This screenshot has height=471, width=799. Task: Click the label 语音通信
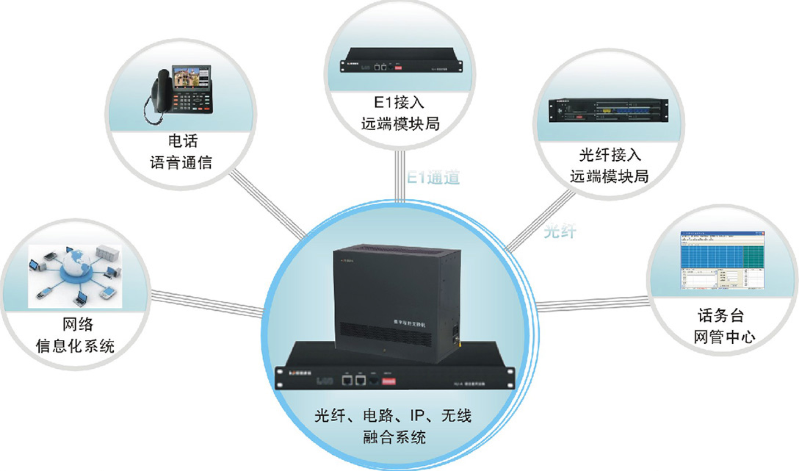point(181,162)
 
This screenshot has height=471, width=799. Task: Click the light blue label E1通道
point(433,178)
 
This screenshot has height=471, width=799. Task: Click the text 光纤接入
point(610,155)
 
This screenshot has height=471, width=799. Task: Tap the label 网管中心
point(724,338)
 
